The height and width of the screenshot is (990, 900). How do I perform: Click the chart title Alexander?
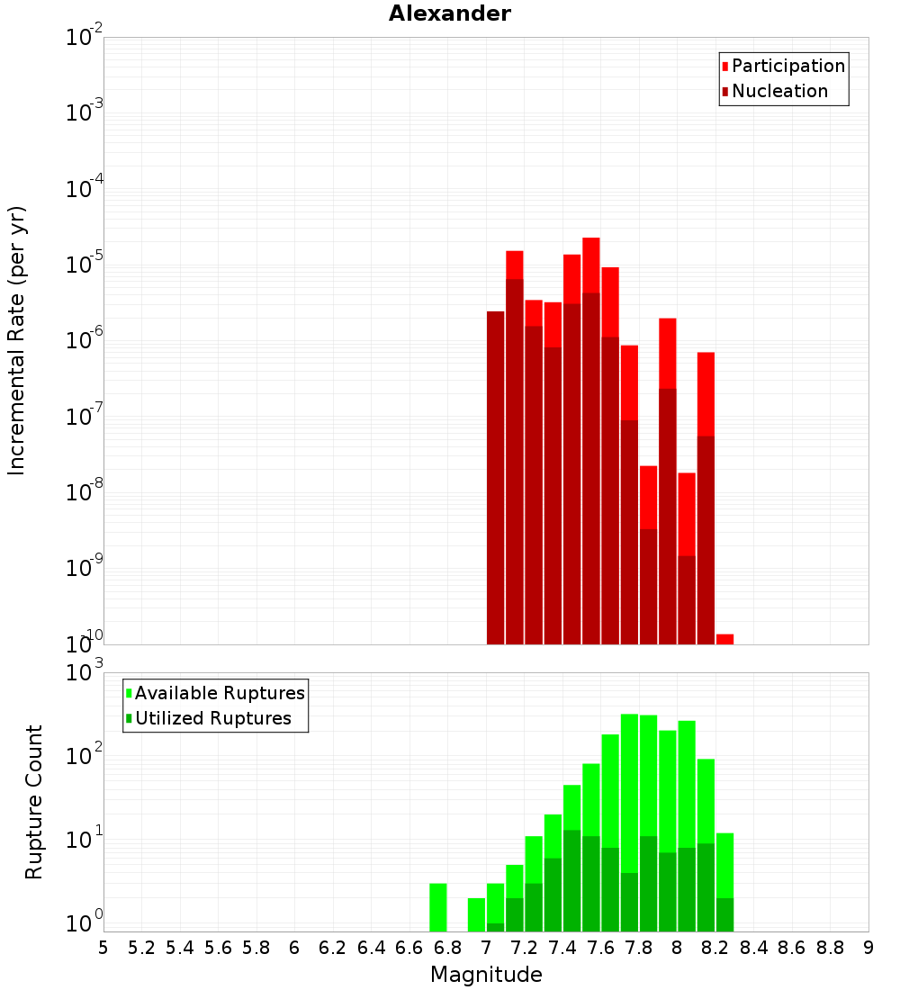click(x=449, y=13)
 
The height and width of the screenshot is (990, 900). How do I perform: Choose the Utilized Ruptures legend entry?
click(x=211, y=718)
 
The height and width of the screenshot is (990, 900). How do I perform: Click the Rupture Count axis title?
click(x=34, y=802)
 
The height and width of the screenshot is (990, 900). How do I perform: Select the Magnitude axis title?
click(x=486, y=975)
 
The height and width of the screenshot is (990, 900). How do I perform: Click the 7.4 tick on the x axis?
click(x=562, y=948)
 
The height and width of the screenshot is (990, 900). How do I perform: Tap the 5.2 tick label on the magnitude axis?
click(x=141, y=948)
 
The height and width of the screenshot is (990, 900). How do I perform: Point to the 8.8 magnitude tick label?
click(x=830, y=948)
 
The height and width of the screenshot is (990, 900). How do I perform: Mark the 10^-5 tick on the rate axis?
click(x=84, y=264)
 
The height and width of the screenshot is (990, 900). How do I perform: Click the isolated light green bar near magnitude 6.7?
click(x=438, y=907)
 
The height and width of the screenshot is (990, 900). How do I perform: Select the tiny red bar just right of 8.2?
click(x=724, y=639)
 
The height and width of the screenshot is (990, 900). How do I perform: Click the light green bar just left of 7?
click(x=476, y=914)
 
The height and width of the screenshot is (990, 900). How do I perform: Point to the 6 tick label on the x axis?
click(x=294, y=948)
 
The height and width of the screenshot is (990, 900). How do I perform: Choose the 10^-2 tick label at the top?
click(x=84, y=37)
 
